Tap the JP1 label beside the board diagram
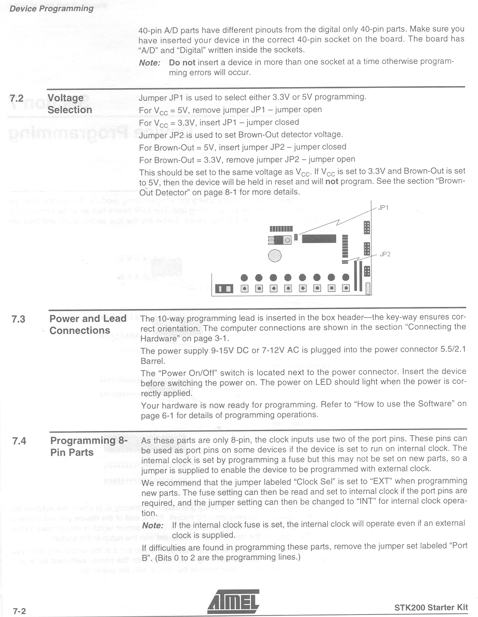click(383, 207)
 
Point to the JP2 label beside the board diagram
click(385, 254)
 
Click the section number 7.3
click(19, 319)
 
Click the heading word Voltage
click(65, 98)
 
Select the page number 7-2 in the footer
click(19, 611)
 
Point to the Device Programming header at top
click(52, 8)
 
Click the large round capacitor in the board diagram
click(275, 255)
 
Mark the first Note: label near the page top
click(149, 62)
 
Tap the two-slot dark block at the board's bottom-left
click(224, 289)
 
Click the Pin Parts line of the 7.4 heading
click(72, 452)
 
